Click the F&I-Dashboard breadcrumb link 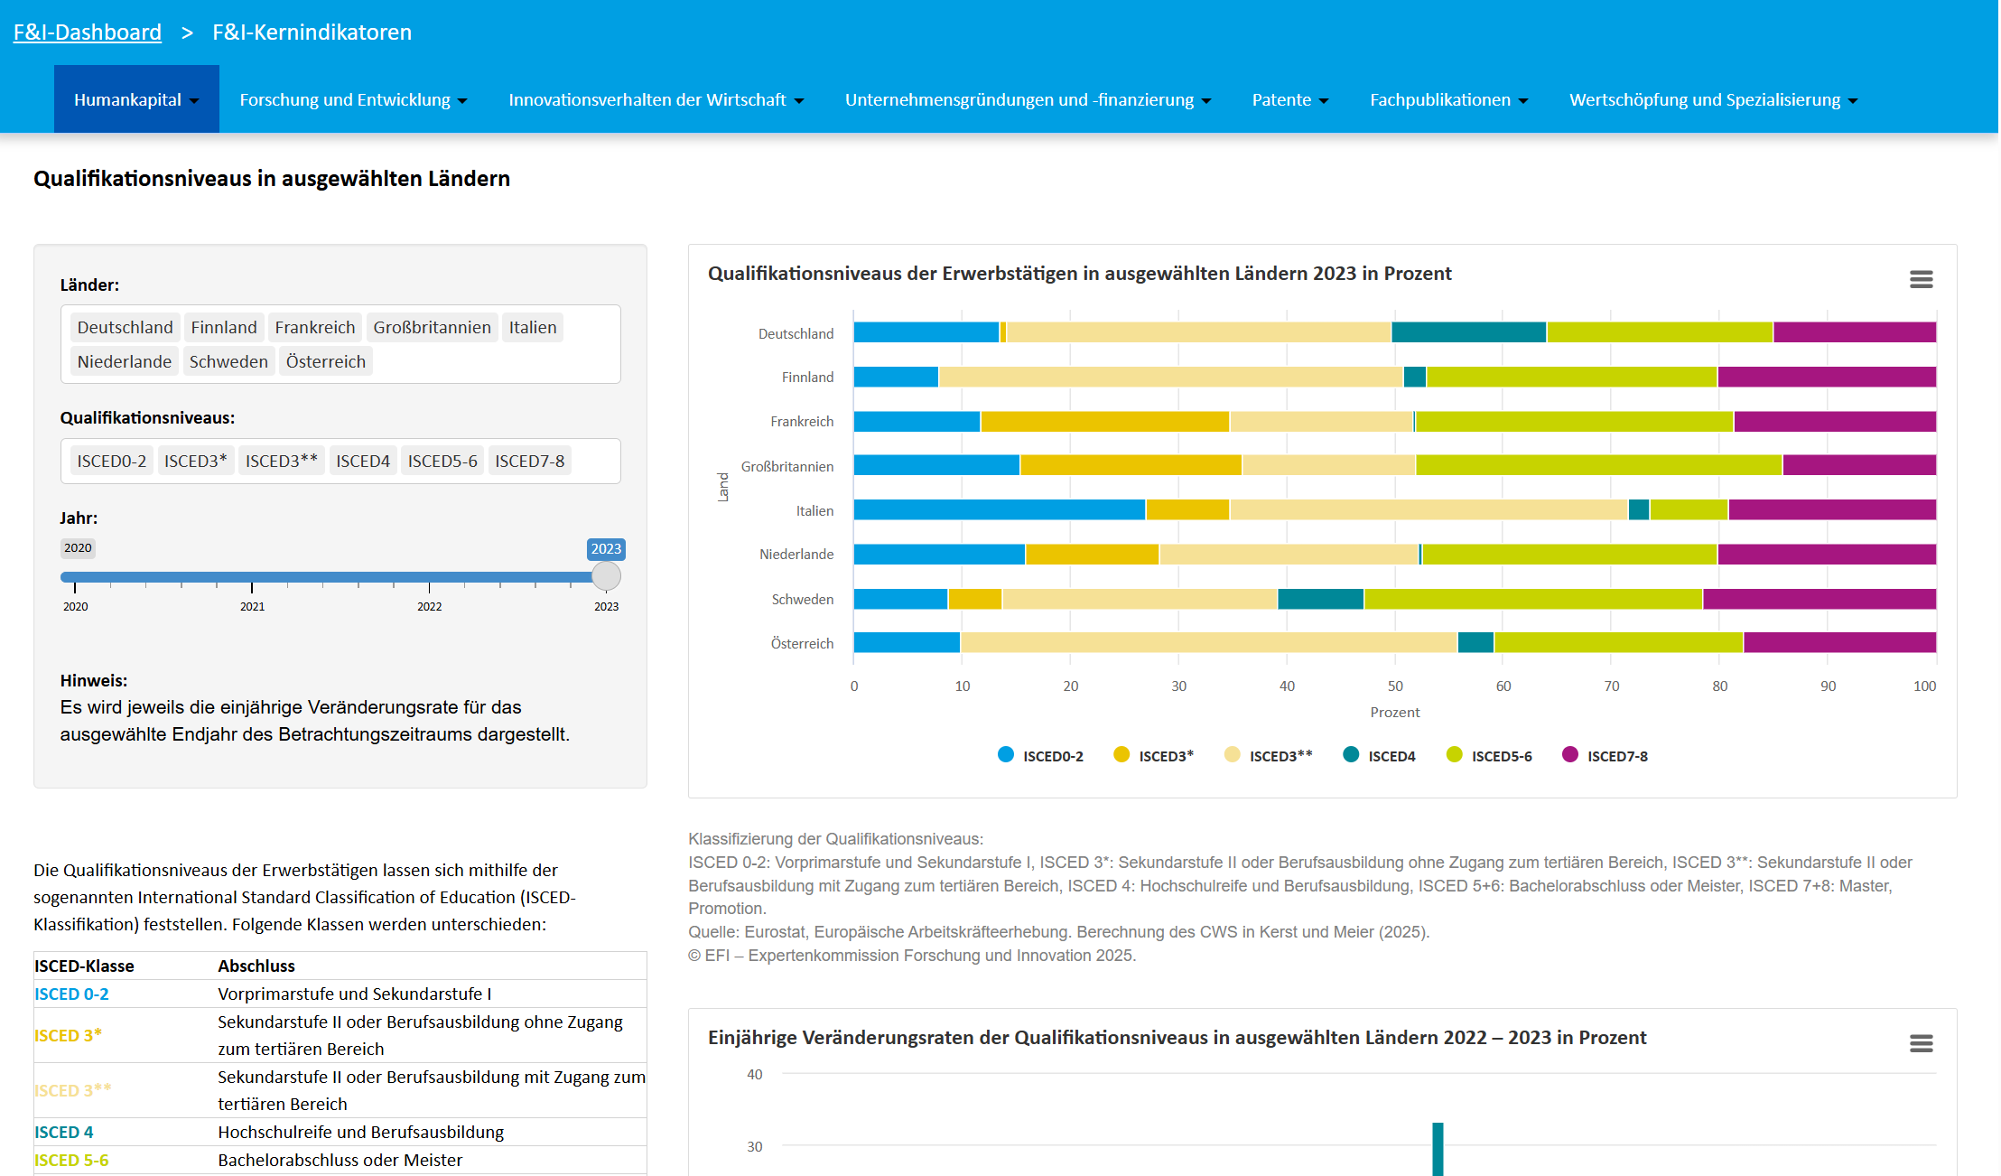click(87, 33)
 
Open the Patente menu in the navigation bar click(1289, 100)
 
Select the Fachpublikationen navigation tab click(1447, 100)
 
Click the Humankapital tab click(135, 100)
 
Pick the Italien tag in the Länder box click(532, 327)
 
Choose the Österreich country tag click(325, 361)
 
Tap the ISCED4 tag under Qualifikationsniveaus click(362, 461)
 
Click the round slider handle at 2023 click(606, 576)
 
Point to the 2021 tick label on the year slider click(252, 606)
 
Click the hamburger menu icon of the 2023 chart click(1921, 279)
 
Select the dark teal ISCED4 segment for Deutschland click(1468, 332)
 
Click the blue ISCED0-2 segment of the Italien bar click(999, 509)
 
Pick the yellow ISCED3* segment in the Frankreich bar click(1103, 421)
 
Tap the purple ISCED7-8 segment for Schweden click(1819, 599)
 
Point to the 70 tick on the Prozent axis click(1611, 686)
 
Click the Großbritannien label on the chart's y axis click(786, 466)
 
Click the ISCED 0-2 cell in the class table click(71, 994)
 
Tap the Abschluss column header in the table click(256, 966)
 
